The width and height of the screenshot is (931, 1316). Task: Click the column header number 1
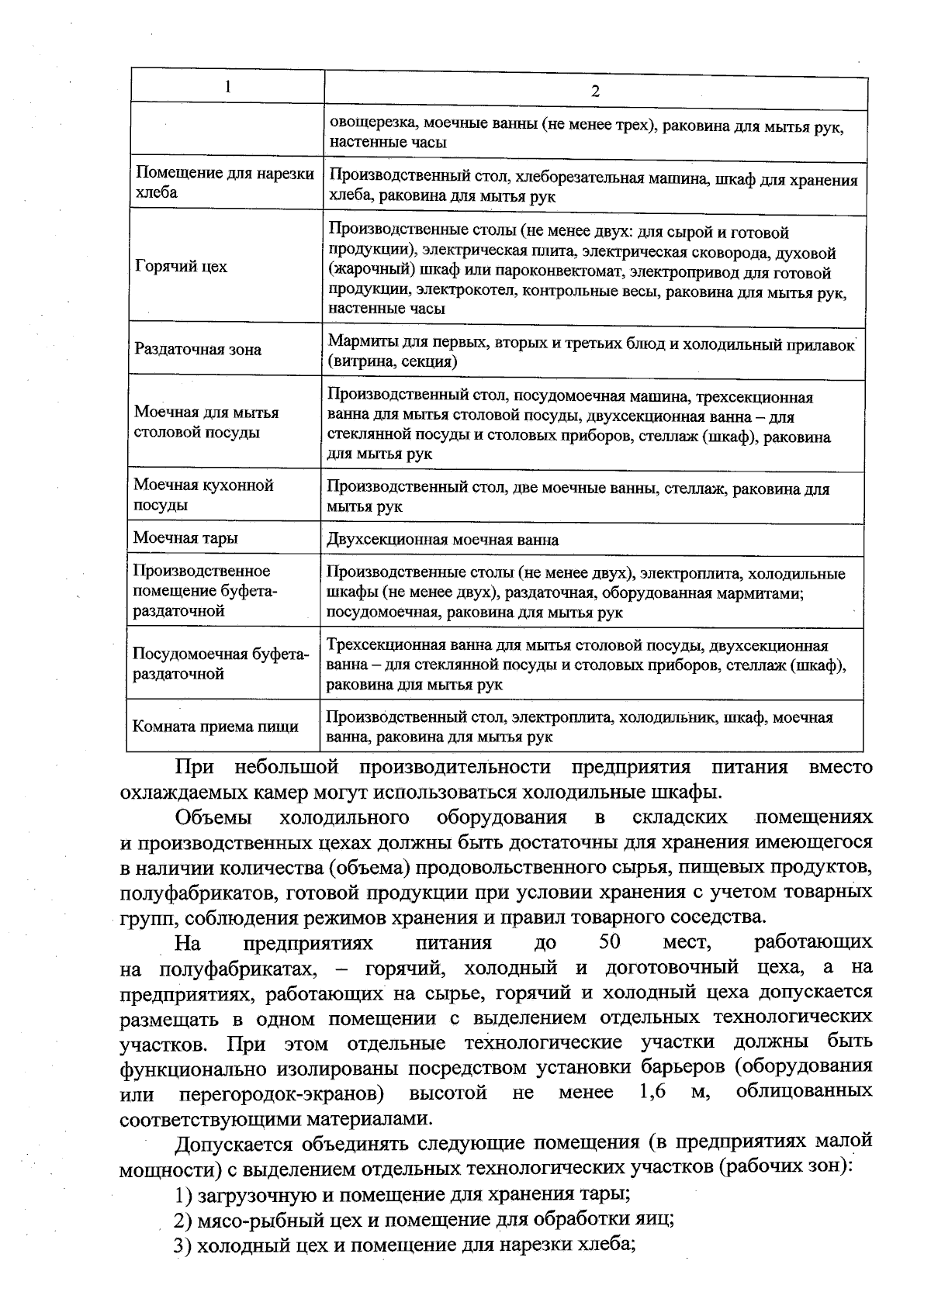[227, 87]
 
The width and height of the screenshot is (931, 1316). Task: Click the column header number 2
[595, 91]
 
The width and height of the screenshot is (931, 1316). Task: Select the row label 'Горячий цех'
[181, 267]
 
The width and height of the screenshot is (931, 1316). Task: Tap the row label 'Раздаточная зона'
[198, 350]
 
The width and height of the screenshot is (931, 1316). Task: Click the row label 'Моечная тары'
[185, 538]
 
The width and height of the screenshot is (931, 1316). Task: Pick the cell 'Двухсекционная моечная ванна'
[442, 540]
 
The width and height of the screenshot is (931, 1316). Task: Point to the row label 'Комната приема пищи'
[216, 727]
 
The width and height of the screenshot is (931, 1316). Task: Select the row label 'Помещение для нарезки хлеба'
[224, 183]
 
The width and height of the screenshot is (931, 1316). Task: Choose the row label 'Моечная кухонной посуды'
[203, 495]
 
